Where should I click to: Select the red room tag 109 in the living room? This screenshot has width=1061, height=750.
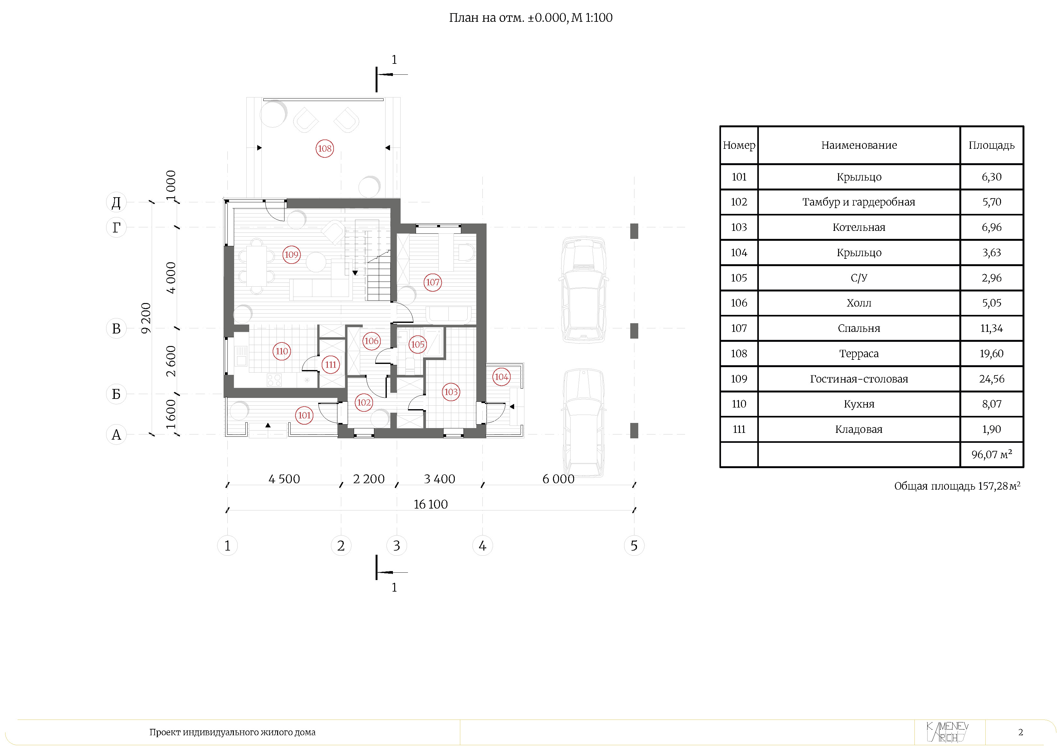[291, 255]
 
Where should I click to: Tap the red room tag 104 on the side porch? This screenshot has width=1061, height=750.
[501, 377]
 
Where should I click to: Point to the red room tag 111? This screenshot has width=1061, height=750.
[330, 365]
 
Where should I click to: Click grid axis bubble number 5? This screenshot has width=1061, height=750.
[634, 546]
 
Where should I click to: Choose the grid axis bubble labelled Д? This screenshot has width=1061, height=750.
[116, 202]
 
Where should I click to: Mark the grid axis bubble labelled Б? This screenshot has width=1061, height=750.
[116, 394]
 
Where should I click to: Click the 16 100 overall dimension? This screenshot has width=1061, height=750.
[431, 504]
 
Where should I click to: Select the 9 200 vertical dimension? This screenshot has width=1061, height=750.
[146, 318]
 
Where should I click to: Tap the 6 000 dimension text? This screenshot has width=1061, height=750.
[558, 479]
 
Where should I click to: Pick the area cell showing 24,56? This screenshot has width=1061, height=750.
[992, 379]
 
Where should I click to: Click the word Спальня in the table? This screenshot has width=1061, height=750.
[859, 329]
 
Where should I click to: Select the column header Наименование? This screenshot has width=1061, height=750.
[859, 145]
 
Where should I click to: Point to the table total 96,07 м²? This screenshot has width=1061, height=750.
[992, 454]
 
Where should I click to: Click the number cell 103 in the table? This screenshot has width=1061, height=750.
[739, 227]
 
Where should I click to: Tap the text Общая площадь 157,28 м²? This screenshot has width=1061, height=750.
[957, 486]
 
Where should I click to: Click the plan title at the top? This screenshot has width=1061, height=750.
[530, 18]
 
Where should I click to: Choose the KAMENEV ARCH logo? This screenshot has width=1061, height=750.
[948, 732]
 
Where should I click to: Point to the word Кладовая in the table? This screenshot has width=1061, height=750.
[859, 429]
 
